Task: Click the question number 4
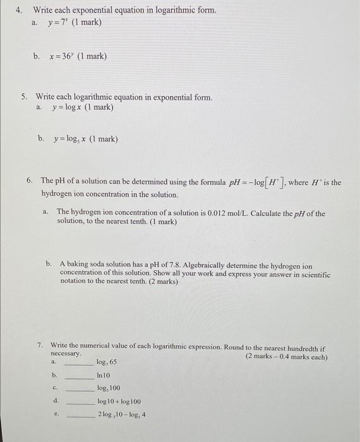click(x=20, y=10)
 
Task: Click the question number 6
click(x=30, y=182)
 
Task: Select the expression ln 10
click(x=103, y=375)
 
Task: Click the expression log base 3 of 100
click(x=108, y=388)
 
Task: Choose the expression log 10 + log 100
click(x=119, y=402)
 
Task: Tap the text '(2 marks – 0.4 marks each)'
click(x=286, y=357)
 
